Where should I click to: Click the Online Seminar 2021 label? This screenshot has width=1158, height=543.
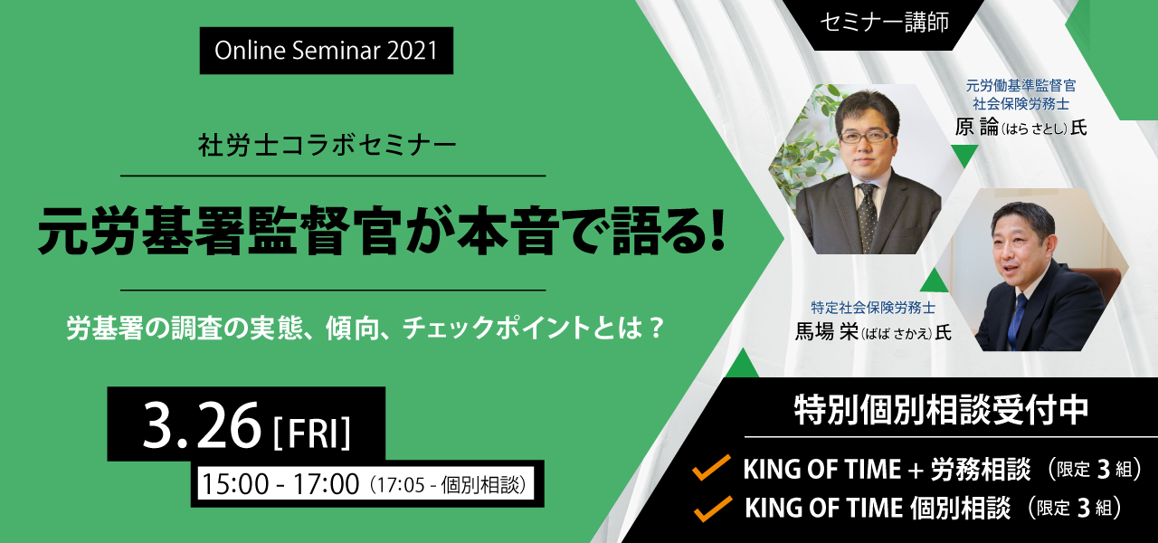coord(327,51)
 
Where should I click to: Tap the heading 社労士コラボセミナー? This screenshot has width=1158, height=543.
coord(327,146)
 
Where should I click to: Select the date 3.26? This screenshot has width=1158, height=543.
coord(202,425)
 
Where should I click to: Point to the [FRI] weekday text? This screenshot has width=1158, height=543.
coord(312,433)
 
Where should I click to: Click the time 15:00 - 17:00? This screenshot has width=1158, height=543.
coord(280,484)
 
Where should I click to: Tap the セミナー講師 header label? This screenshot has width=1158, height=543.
coord(884,23)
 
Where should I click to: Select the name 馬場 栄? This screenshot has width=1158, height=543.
coord(826,332)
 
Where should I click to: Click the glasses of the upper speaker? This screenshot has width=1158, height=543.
coord(867,137)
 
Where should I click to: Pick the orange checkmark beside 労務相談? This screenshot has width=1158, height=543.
coord(712,468)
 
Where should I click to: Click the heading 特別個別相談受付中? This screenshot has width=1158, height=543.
coord(942,410)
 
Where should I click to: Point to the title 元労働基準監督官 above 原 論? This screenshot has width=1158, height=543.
coord(1021,85)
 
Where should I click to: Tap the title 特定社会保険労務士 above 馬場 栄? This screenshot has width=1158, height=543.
coord(873,308)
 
